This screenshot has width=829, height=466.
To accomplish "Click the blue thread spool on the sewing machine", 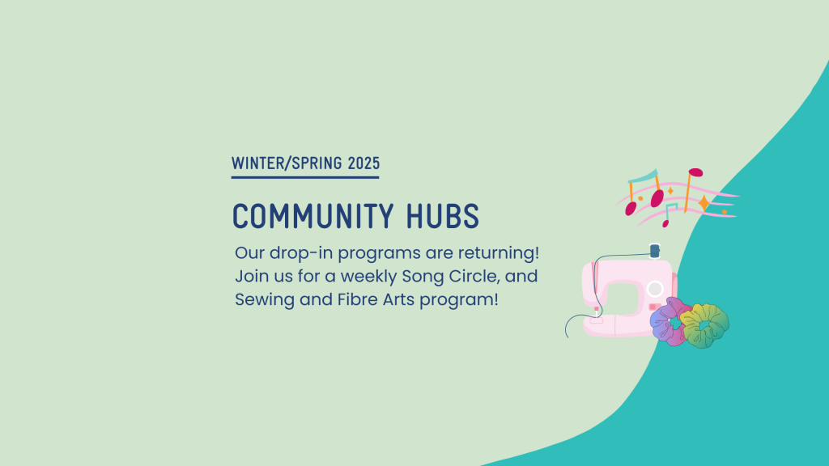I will click(x=654, y=252).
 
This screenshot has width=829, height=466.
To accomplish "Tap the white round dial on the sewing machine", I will click(x=655, y=289).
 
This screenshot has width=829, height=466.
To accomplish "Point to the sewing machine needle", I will click(x=597, y=312).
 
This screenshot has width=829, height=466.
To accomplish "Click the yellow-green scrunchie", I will click(x=704, y=323).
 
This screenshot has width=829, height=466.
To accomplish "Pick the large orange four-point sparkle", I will click(x=704, y=203).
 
